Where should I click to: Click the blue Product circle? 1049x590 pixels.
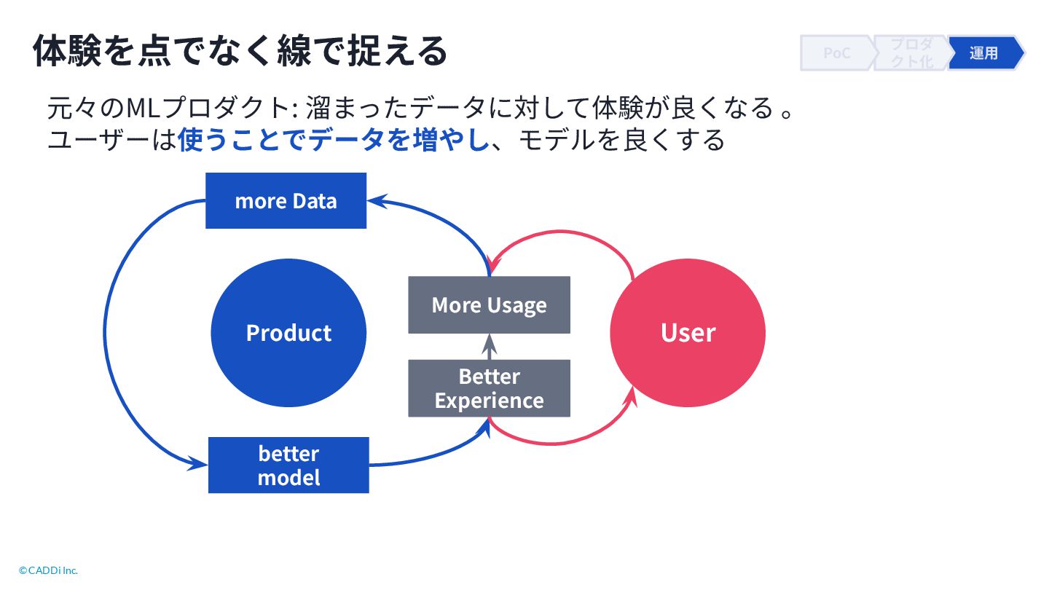point(288,333)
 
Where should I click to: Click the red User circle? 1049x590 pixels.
point(688,333)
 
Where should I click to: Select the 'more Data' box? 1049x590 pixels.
point(286,201)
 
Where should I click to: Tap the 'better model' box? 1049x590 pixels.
point(288,465)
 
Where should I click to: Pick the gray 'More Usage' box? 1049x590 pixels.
point(489,304)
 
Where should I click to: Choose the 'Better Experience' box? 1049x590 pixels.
point(489,388)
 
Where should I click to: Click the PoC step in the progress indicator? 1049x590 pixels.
point(836,53)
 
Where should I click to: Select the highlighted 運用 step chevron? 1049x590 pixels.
point(984,53)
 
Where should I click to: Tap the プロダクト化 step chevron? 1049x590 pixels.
point(912,53)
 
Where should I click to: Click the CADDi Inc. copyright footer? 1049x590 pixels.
point(48,570)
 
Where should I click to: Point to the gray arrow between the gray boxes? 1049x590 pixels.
point(490,347)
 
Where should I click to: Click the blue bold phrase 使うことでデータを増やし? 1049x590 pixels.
point(332,139)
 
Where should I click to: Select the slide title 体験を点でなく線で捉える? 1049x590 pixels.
point(240,51)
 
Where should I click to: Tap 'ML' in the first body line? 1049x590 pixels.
point(138,109)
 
